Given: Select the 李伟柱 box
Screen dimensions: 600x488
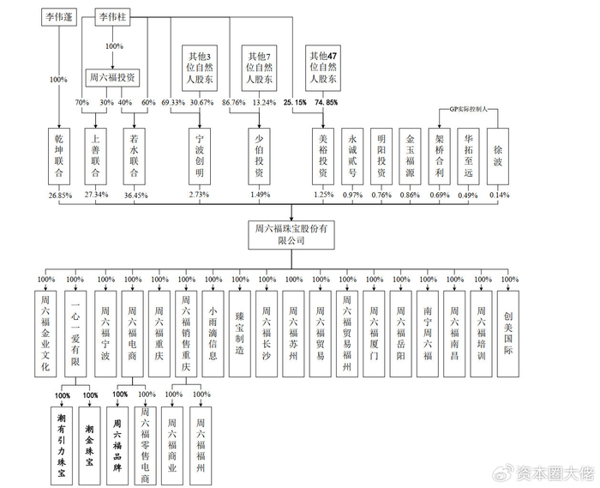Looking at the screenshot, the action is pos(113,17).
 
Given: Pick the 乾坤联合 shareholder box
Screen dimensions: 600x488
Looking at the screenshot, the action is pos(59,156).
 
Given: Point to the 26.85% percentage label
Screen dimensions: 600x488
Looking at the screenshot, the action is pos(59,195).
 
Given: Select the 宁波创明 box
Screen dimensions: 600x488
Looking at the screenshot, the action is pos(200,156).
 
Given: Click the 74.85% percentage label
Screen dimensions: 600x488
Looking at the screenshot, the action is pos(326,103).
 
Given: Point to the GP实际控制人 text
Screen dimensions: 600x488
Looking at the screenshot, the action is pos(468,110).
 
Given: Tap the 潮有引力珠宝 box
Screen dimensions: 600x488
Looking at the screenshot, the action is pos(61,433).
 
